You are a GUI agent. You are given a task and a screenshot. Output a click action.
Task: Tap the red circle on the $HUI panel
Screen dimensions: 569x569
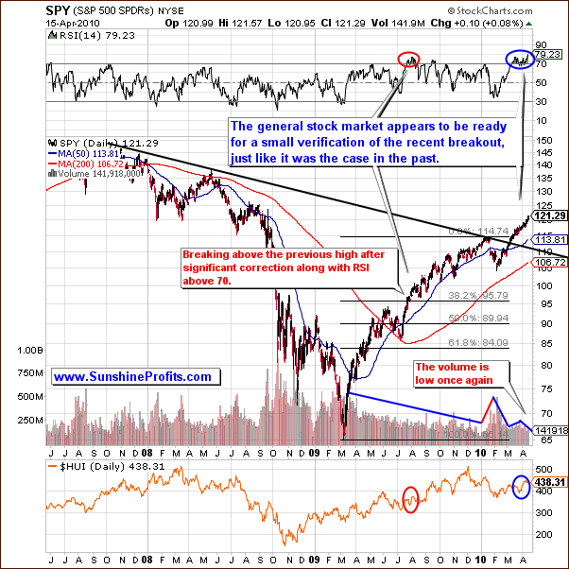410,498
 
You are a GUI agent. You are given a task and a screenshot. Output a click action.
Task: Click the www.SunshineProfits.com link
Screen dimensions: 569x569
132,376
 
